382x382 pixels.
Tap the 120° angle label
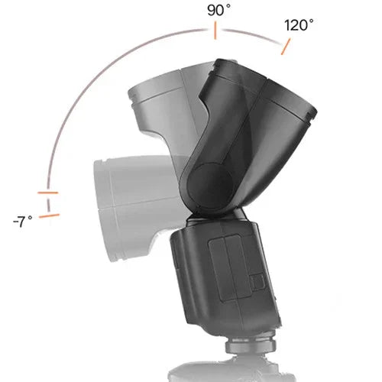pyautogui.click(x=299, y=24)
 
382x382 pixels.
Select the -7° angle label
pyautogui.click(x=23, y=222)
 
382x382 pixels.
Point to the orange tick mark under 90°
pyautogui.click(x=215, y=31)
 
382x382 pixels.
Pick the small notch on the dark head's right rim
pyautogui.click(x=313, y=112)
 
